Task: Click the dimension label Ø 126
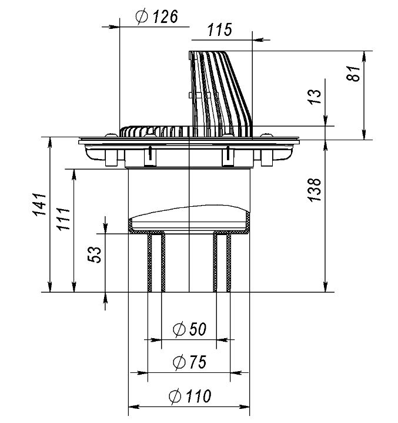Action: point(156,17)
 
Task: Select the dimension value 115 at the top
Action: point(220,30)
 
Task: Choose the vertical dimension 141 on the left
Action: point(39,204)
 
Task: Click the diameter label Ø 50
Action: point(189,329)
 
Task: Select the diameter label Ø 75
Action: point(189,362)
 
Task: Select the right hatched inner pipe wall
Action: point(223,262)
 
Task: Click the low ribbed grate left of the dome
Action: point(154,131)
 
